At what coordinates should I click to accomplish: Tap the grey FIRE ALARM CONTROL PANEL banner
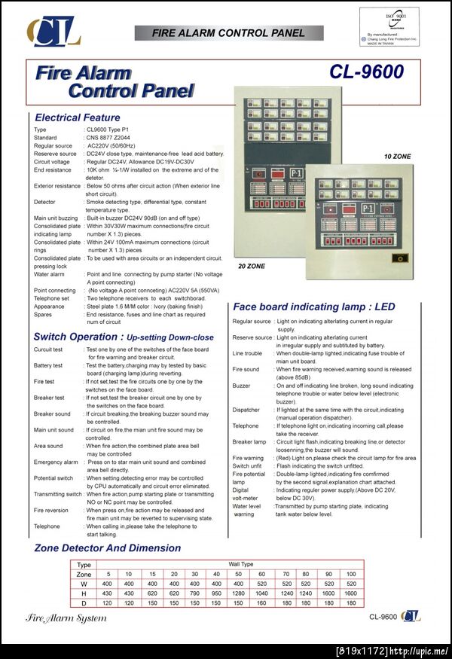pos(228,33)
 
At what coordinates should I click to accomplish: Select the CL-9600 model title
pos(366,72)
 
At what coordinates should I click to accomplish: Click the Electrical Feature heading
pos(77,117)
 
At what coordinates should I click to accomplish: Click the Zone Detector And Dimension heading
pos(107,548)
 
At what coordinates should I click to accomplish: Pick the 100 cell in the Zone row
pos(350,574)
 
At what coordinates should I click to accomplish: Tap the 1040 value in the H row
pos(261,593)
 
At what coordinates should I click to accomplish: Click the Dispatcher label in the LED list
pos(246,410)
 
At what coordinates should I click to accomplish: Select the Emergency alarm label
pos(55,462)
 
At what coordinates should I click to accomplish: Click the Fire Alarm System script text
pos(66,618)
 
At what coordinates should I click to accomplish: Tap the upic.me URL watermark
pos(392,651)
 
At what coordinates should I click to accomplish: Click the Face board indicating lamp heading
pos(313,307)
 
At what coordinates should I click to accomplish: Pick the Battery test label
pos(47,365)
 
